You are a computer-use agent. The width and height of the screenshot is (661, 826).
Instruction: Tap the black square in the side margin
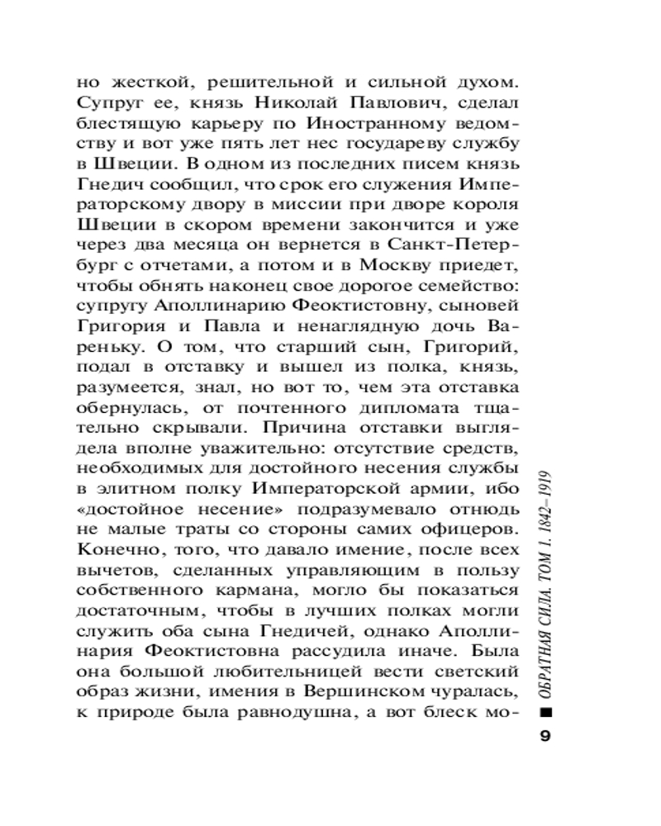[544, 712]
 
